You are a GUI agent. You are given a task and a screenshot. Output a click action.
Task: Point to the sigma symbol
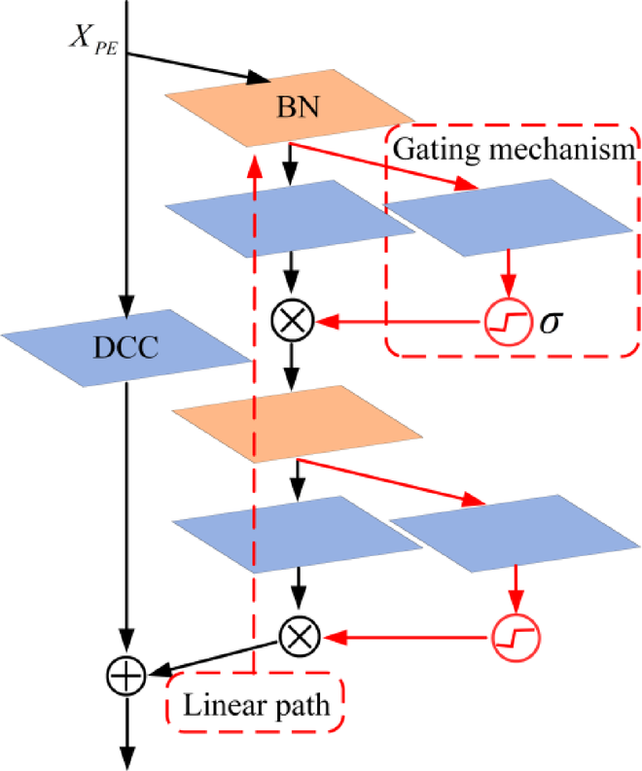point(551,318)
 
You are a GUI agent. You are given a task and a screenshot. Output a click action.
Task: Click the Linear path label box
point(257,705)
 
